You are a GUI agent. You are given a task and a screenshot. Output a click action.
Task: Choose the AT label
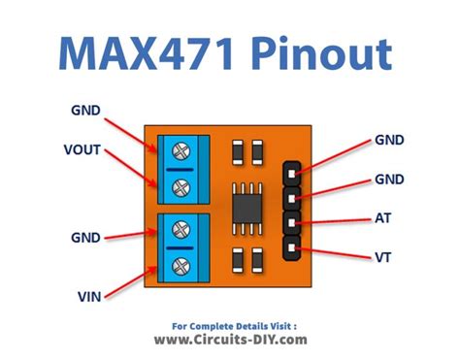coord(383,220)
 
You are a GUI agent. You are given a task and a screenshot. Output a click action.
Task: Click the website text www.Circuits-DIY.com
coord(229,340)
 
